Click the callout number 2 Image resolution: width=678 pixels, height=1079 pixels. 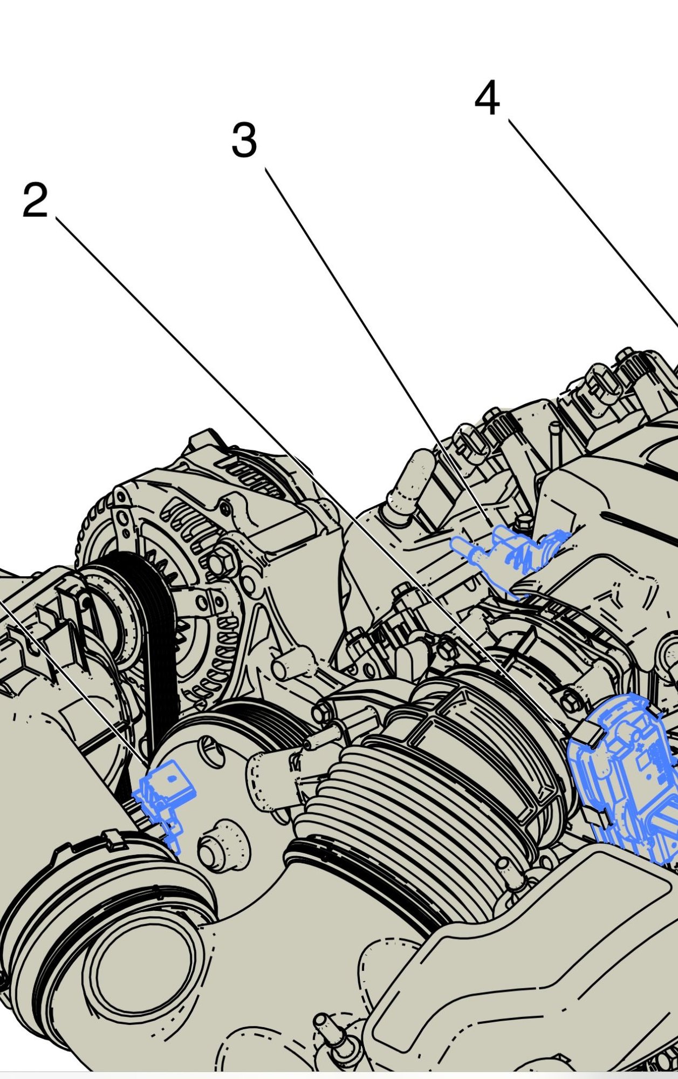coord(35,200)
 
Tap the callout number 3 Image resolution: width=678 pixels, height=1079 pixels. coord(244,140)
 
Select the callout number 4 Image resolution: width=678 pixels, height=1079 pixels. coord(487,98)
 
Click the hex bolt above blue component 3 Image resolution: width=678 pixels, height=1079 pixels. coord(523,522)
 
